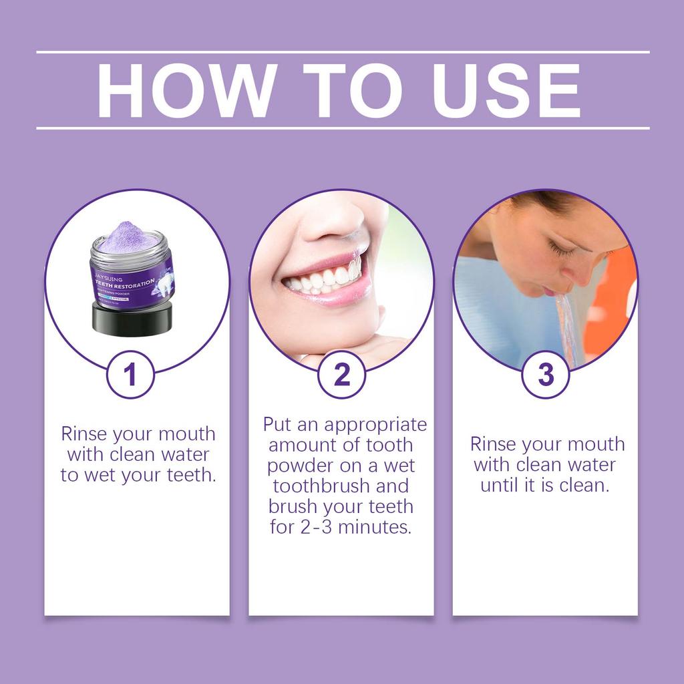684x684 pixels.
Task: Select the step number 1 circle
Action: pyautogui.click(x=131, y=375)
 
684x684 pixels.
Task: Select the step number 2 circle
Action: pyautogui.click(x=341, y=375)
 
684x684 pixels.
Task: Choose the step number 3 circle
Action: pyautogui.click(x=546, y=375)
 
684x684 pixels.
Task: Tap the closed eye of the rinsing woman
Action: pyautogui.click(x=561, y=251)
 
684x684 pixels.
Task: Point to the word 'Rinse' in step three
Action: pyautogui.click(x=493, y=444)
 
